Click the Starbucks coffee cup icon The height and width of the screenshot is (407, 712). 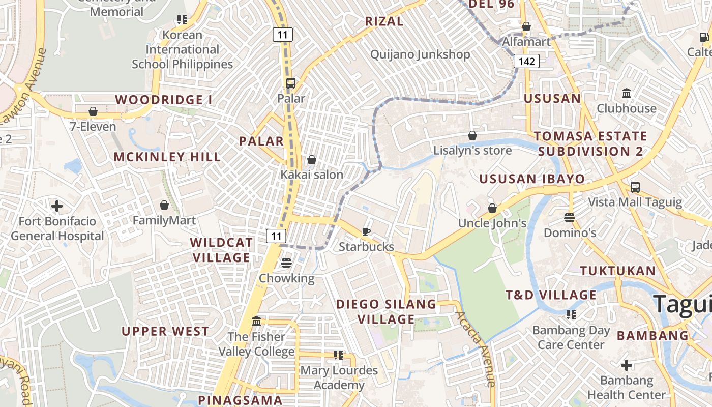(x=366, y=232)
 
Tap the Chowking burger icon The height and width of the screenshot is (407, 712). (x=286, y=263)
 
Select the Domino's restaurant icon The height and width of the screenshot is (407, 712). (x=569, y=218)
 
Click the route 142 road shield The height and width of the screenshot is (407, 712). (x=526, y=62)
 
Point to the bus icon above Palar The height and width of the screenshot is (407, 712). (x=290, y=83)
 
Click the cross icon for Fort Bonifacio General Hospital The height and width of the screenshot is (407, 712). (x=57, y=206)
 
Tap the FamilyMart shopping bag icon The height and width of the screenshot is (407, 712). (x=164, y=205)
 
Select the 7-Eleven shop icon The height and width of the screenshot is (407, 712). (x=93, y=111)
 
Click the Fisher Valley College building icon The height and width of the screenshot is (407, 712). (x=256, y=322)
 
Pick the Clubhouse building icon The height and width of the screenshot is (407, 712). (x=626, y=94)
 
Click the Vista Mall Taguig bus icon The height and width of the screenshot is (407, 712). (x=635, y=187)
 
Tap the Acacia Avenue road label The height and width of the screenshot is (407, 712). (x=476, y=348)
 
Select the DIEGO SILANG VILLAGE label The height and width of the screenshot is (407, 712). (x=386, y=312)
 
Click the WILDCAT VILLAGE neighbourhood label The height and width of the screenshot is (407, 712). (x=221, y=250)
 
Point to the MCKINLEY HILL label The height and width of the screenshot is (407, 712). (x=167, y=157)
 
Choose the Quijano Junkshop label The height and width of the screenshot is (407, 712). (x=420, y=54)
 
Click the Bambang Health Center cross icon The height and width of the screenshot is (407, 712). (x=626, y=365)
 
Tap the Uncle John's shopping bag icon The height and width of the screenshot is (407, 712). (x=492, y=208)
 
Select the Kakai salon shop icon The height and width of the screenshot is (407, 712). (x=312, y=160)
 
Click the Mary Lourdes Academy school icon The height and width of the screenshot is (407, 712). (x=338, y=355)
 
